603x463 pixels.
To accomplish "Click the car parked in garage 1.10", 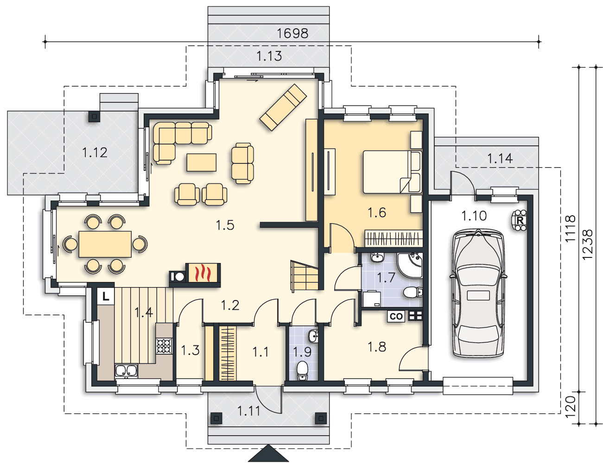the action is [478, 294].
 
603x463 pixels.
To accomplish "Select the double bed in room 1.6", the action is [393, 172].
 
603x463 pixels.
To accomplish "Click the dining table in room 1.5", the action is [105, 244].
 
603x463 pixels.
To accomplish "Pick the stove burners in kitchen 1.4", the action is [164, 346].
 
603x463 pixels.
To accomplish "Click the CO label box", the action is [396, 316].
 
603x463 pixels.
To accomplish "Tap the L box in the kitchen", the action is [106, 297].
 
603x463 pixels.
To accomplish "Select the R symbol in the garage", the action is [519, 220].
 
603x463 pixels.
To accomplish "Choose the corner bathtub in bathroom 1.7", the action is [410, 265].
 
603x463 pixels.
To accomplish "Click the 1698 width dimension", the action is [292, 33].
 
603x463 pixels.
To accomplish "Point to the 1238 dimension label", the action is [587, 244].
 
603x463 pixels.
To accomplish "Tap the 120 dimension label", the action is [570, 407].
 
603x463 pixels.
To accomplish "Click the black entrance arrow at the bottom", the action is [268, 453].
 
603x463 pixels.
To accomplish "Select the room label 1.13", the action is [269, 56].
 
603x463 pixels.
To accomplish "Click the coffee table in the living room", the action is [202, 163].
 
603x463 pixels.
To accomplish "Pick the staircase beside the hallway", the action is [304, 276].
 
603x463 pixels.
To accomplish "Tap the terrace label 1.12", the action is [95, 153].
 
